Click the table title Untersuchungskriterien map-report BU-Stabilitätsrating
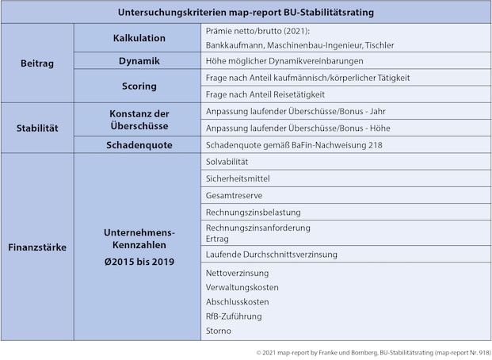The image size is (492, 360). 246,13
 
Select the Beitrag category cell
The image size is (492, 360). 36,63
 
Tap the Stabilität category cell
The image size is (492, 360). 36,128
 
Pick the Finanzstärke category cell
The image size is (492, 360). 36,247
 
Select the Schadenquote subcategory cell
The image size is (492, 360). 139,145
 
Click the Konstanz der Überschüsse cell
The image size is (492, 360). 139,120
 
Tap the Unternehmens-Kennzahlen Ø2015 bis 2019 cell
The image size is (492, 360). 139,247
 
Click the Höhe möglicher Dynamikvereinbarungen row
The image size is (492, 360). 284,61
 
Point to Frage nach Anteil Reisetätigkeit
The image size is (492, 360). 265,94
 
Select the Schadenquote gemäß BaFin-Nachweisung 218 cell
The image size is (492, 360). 293,145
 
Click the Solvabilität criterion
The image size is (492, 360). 232,162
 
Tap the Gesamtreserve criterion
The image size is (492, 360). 234,196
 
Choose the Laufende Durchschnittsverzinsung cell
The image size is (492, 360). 271,255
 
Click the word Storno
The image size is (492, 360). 218,331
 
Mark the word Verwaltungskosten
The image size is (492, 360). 242,287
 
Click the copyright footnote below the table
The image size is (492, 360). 373,350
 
